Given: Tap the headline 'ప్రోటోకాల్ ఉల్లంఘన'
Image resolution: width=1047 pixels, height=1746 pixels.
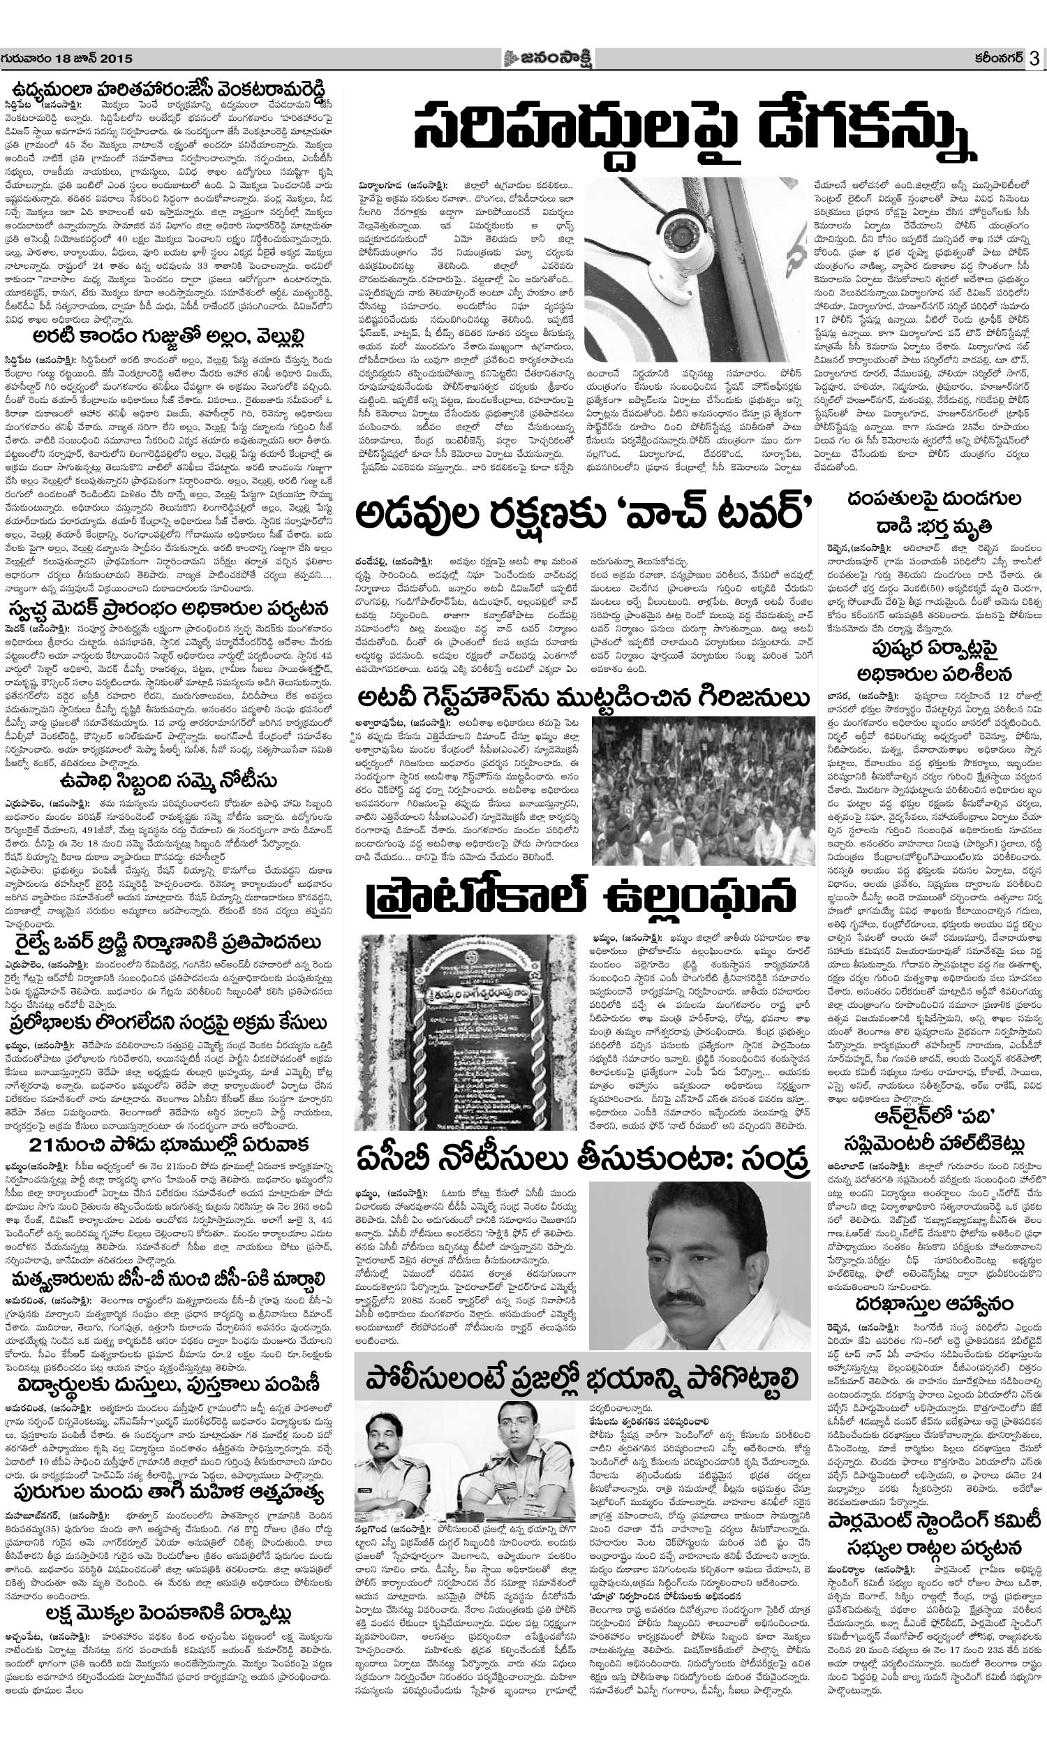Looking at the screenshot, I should point(582,898).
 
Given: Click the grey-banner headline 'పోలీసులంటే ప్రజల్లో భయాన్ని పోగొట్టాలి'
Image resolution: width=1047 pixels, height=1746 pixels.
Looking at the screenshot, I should point(582,1357).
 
